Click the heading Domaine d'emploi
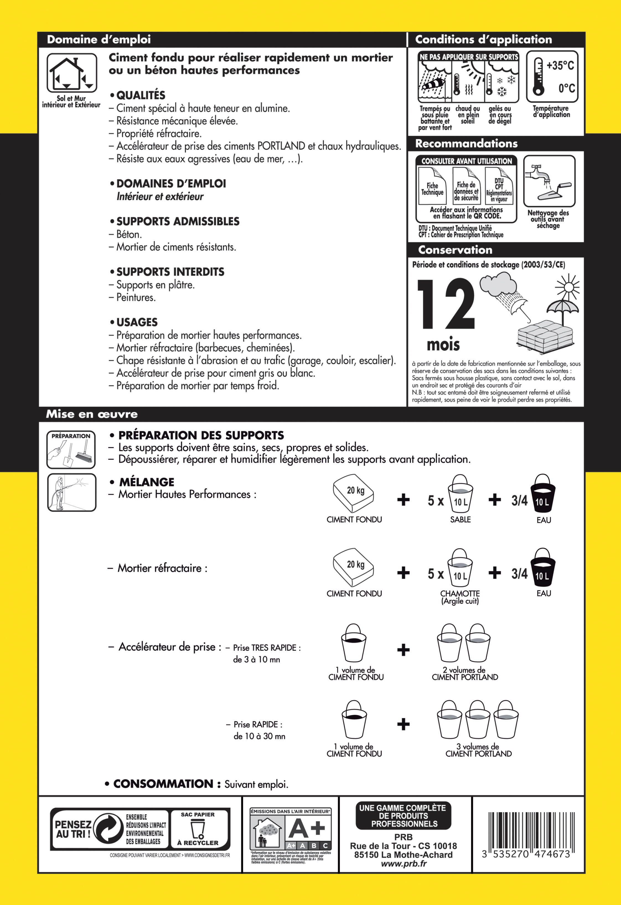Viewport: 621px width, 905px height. pyautogui.click(x=99, y=39)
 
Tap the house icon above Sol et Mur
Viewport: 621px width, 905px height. pyautogui.click(x=72, y=73)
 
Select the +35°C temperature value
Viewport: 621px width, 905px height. pyautogui.click(x=560, y=66)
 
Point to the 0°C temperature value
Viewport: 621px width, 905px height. pyautogui.click(x=566, y=89)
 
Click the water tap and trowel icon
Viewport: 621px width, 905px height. pyautogui.click(x=549, y=181)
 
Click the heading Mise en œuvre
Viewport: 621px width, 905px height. pyautogui.click(x=92, y=414)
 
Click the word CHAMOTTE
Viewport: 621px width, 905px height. pyautogui.click(x=460, y=594)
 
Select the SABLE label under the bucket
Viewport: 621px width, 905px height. pyautogui.click(x=460, y=519)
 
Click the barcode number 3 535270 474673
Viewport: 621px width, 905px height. pyautogui.click(x=526, y=854)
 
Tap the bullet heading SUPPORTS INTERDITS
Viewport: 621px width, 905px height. pyautogui.click(x=170, y=272)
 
